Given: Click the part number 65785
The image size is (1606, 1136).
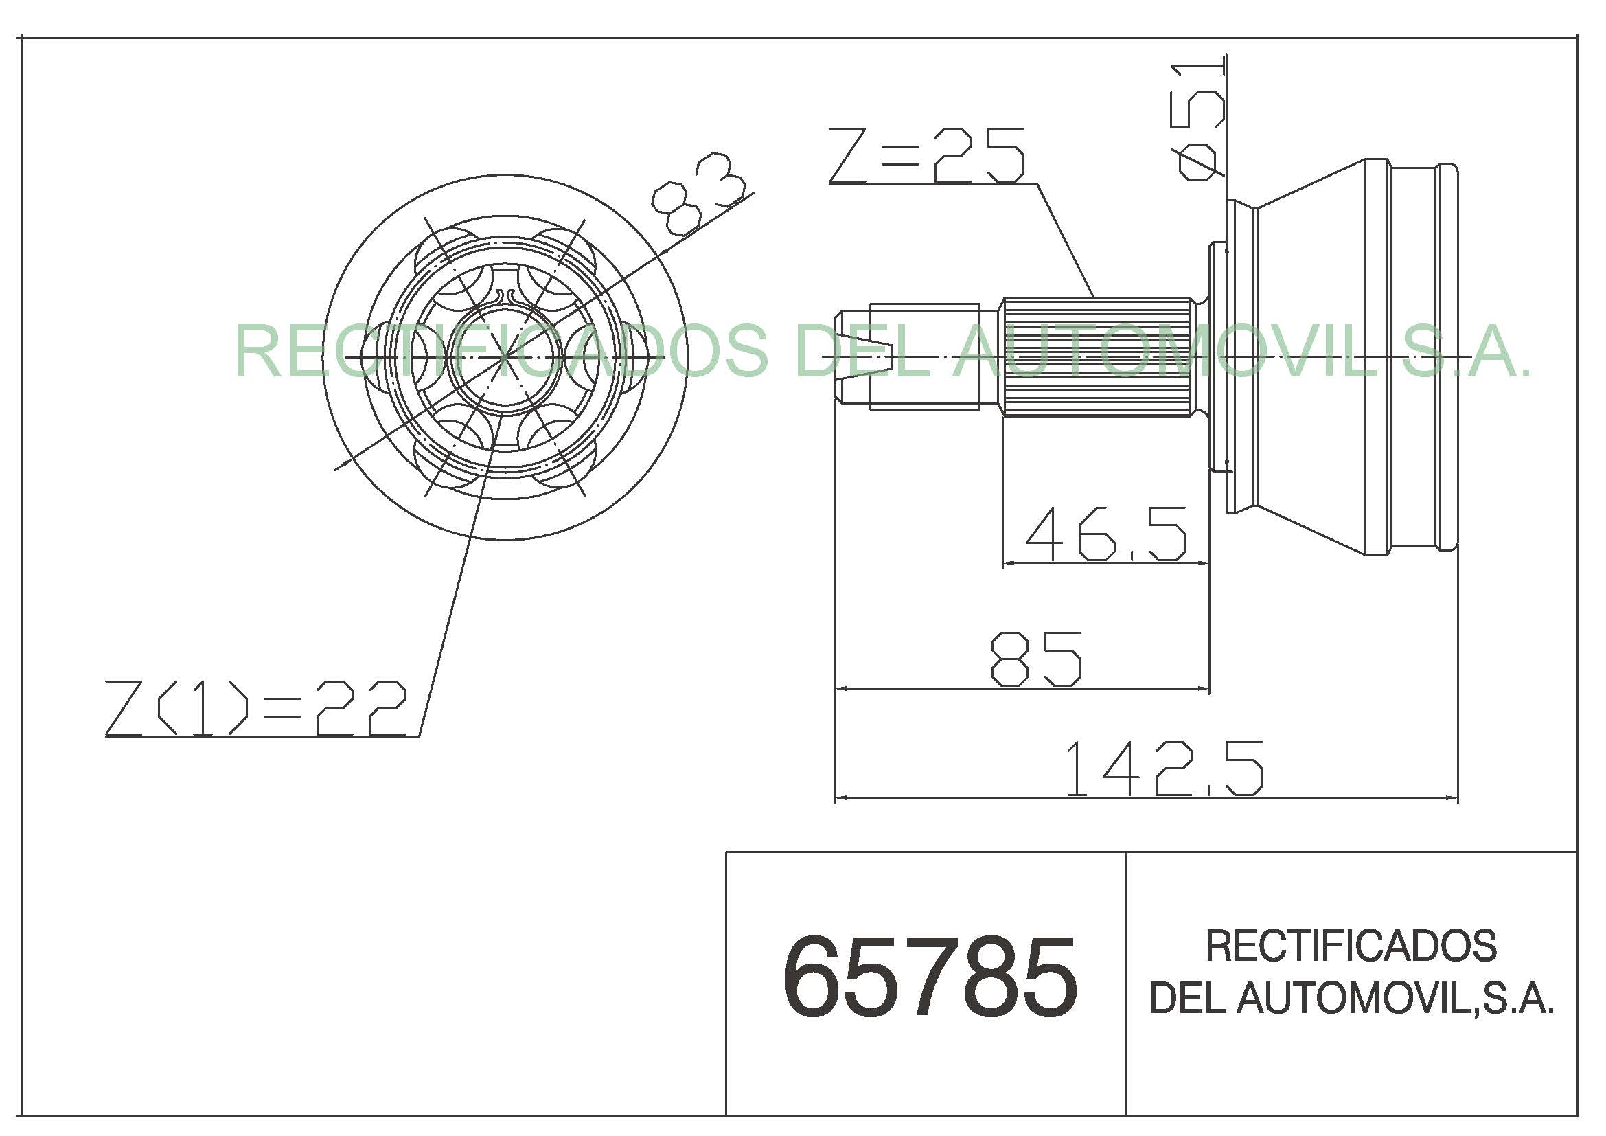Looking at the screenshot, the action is click(x=930, y=977).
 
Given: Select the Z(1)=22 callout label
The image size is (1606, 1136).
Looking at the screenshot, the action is click(x=256, y=707).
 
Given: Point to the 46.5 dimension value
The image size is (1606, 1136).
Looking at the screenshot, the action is click(x=1106, y=534).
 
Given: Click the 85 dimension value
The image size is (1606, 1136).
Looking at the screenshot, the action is click(x=1037, y=659).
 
